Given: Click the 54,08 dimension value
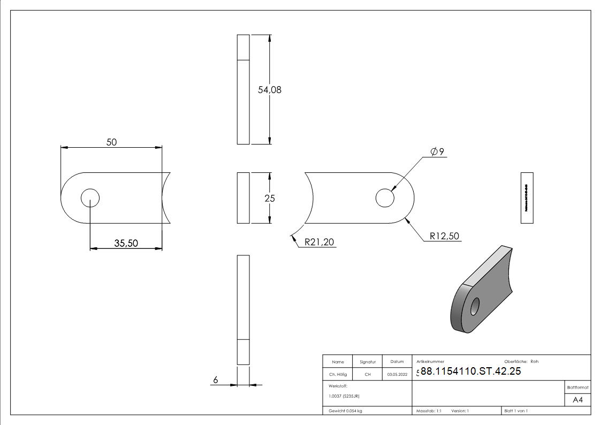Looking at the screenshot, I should (x=270, y=90).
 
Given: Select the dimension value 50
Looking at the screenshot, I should (x=111, y=142).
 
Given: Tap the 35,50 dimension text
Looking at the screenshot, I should (x=126, y=243).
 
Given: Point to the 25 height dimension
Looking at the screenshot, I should (x=270, y=198).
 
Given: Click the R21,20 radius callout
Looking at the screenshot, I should (x=319, y=242).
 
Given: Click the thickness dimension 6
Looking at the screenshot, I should (x=215, y=380).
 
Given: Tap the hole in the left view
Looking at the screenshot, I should (x=90, y=198).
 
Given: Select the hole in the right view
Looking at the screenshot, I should (x=385, y=198).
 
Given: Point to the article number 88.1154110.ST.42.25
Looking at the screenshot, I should (x=470, y=372).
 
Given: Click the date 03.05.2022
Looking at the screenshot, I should (x=397, y=375).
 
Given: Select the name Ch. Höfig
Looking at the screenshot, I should (x=338, y=375).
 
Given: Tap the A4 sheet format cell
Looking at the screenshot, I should (x=578, y=400).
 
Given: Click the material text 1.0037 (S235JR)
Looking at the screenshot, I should (x=344, y=396).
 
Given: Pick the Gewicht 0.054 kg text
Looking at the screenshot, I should (x=345, y=411).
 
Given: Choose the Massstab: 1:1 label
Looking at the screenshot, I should (x=429, y=411).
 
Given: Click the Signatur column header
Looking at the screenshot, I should (x=368, y=362).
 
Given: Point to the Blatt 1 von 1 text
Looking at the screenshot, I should (x=516, y=411).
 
